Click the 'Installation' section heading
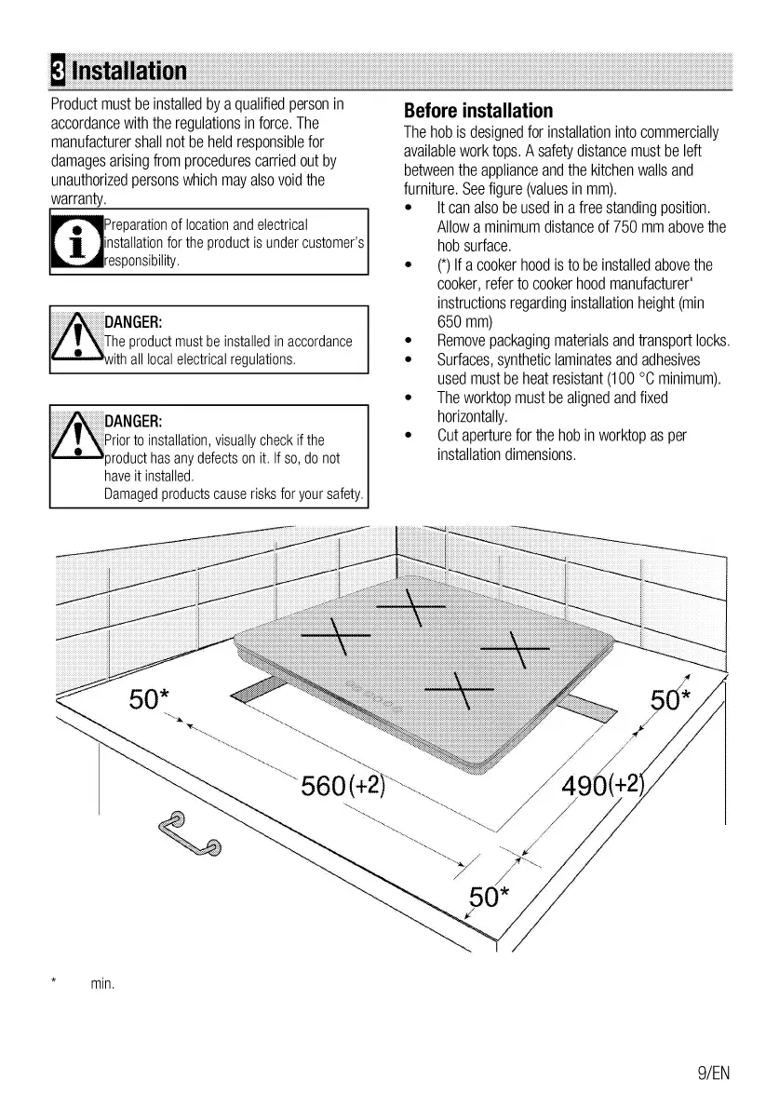point(128,71)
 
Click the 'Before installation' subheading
point(478,111)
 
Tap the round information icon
point(74,243)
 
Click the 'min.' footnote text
point(102,983)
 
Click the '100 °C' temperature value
point(619,379)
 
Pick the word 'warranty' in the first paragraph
point(78,199)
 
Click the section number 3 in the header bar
point(58,71)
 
